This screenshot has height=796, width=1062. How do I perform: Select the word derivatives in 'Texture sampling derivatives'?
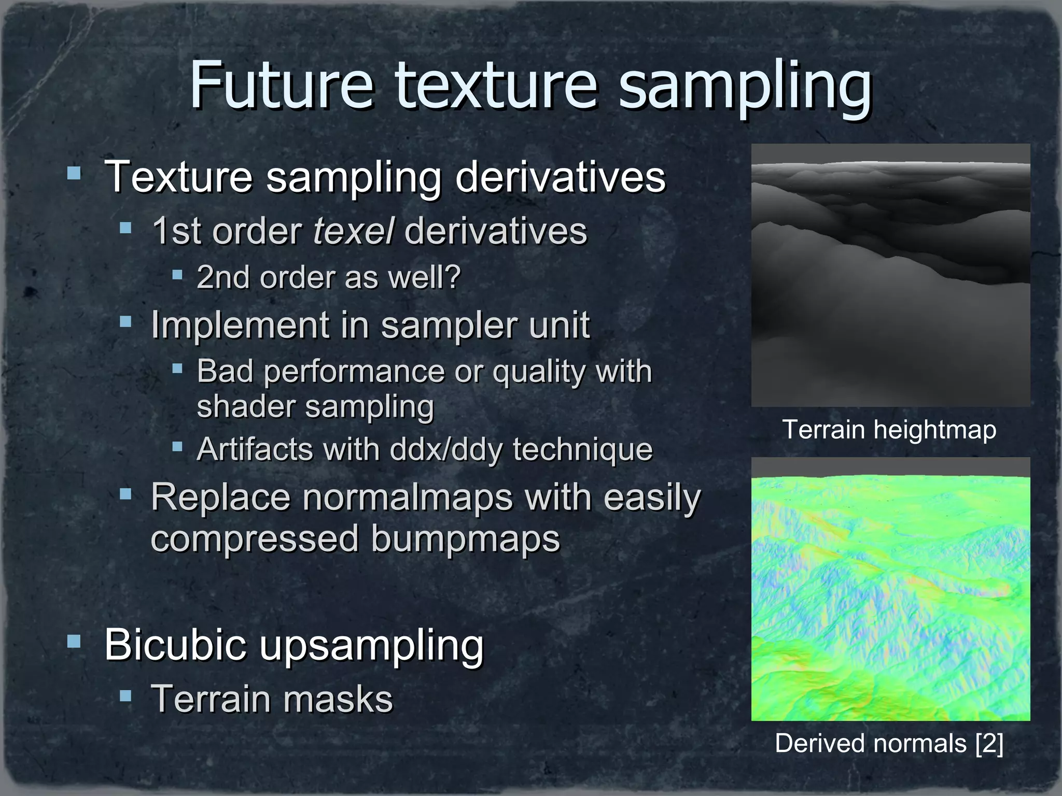[x=560, y=177]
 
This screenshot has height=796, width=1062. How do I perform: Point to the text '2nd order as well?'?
[x=329, y=277]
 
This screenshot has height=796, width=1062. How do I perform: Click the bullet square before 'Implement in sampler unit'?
[x=125, y=322]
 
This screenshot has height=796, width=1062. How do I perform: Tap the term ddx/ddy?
[x=445, y=449]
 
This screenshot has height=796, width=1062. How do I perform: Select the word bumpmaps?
[x=466, y=539]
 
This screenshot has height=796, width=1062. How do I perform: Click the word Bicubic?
[x=175, y=644]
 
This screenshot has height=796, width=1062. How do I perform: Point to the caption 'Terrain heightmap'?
[x=889, y=430]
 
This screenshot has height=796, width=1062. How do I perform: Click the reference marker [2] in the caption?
[x=989, y=743]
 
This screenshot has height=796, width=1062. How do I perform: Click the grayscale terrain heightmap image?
[x=890, y=275]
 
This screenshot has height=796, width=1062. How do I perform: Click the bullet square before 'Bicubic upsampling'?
[x=74, y=642]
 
